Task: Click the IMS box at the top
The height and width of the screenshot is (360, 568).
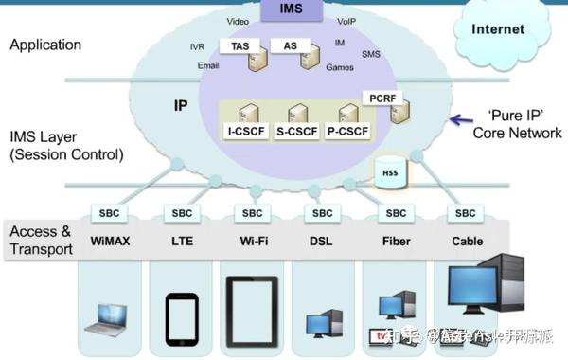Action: pyautogui.click(x=291, y=9)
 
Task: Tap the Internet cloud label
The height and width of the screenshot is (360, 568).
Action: pyautogui.click(x=498, y=29)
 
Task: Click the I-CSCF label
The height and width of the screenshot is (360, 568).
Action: pyautogui.click(x=245, y=133)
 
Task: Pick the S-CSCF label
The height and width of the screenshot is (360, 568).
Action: pyautogui.click(x=297, y=133)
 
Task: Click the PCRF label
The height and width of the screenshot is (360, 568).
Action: pyautogui.click(x=382, y=98)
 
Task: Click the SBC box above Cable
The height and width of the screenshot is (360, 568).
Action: pyautogui.click(x=467, y=213)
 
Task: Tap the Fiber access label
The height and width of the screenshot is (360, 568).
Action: pyautogui.click(x=395, y=241)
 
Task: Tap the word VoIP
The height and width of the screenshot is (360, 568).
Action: pyautogui.click(x=346, y=20)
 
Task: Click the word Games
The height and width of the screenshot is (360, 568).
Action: pyautogui.click(x=340, y=67)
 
